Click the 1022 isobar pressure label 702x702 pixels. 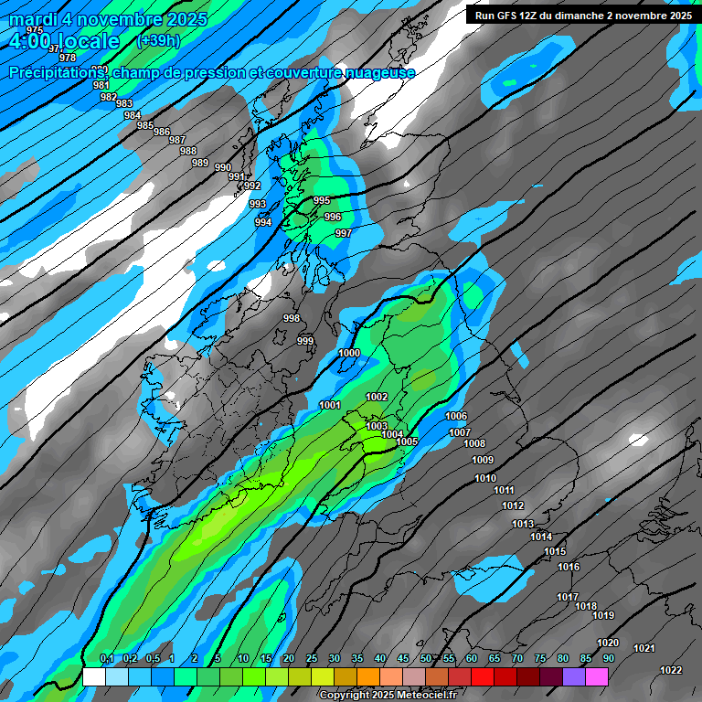point(671,670)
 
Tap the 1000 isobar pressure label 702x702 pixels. point(349,353)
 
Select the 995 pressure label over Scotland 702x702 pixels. point(322,200)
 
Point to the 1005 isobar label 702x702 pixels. point(407,441)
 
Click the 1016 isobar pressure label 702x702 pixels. point(569,567)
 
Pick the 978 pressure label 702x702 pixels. point(68,58)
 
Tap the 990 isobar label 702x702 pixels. point(223,167)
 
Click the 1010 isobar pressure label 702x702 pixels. point(485,478)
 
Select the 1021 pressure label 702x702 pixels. point(644,648)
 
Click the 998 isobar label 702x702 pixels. point(292,318)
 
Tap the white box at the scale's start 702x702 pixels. point(93,676)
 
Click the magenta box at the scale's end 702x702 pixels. point(597,676)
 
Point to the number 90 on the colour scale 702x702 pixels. point(608,659)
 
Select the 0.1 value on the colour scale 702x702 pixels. point(106,659)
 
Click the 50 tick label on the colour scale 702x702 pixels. point(426,659)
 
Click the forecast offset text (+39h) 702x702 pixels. point(157,41)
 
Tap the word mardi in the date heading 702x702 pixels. point(33,19)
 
